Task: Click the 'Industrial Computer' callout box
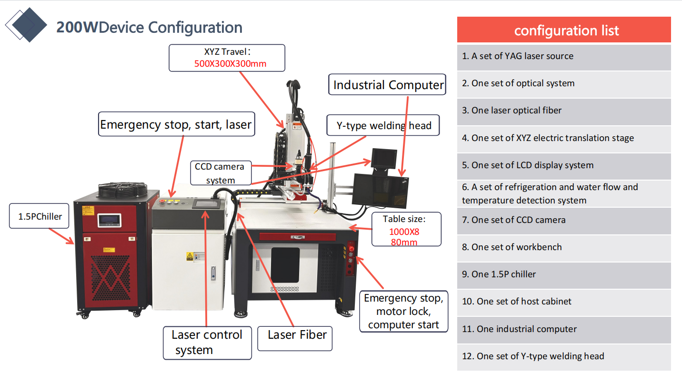388,85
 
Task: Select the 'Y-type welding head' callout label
384,126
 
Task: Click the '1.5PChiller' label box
40,217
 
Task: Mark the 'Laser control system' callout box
207,342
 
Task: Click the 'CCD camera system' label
220,173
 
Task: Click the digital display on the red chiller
110,221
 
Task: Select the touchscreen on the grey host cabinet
205,204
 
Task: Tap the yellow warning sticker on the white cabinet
190,256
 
